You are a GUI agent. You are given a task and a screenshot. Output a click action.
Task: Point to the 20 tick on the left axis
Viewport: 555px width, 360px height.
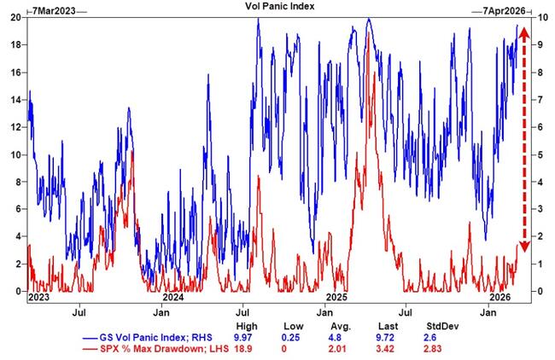point(15,18)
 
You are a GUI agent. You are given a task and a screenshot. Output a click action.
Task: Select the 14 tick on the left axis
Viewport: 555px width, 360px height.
point(15,100)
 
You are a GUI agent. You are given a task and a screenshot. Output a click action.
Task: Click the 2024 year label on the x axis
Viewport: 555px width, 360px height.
point(173,299)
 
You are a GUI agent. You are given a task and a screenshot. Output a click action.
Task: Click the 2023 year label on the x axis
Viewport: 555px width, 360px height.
point(39,299)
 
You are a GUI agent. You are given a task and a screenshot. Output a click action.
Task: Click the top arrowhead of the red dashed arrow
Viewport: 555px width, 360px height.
point(524,31)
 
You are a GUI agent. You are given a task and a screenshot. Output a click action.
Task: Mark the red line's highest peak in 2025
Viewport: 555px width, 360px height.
point(368,33)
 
